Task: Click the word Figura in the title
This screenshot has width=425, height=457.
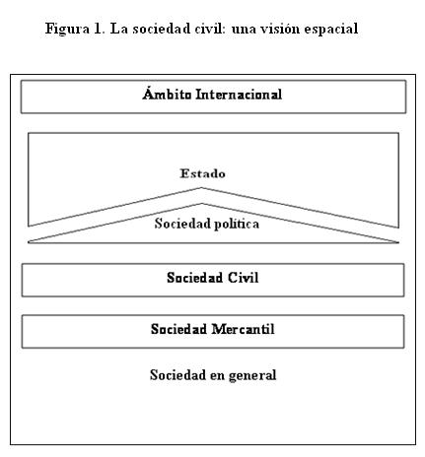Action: tap(67, 30)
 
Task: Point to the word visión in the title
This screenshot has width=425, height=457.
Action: tap(280, 29)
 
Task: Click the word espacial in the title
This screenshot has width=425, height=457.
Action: tap(331, 30)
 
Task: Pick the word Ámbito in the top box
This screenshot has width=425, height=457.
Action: tap(167, 94)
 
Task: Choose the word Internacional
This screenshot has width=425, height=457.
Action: tap(239, 95)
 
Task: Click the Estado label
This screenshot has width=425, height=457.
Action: tap(202, 173)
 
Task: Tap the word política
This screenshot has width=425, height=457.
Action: tap(237, 225)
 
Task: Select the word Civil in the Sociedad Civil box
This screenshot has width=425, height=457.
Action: tap(243, 278)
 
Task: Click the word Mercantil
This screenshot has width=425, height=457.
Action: tap(243, 329)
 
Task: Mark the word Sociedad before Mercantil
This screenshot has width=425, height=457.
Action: tap(178, 329)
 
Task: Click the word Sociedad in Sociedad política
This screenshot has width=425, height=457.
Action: tap(182, 224)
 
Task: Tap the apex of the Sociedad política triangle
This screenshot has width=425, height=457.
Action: tap(201, 204)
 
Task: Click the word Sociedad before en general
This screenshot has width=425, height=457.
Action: tap(177, 375)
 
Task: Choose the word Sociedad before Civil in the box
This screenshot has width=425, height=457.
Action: tap(194, 278)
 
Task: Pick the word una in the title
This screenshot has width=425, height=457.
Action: tap(244, 30)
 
